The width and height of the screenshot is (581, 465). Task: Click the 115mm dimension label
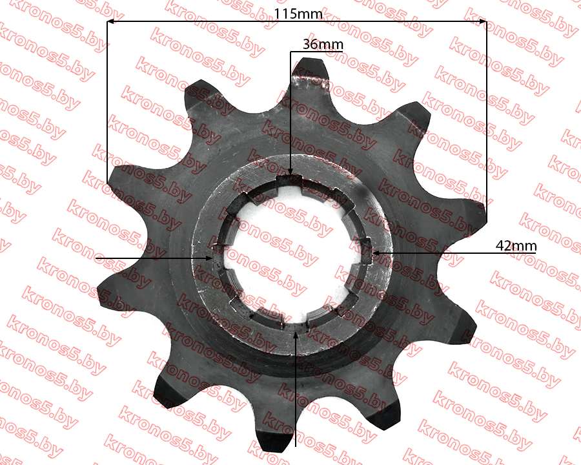tap(298, 14)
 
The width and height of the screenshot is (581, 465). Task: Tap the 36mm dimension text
tap(323, 44)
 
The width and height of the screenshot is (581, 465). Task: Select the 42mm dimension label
tap(516, 246)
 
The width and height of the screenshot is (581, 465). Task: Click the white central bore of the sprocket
tap(291, 252)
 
